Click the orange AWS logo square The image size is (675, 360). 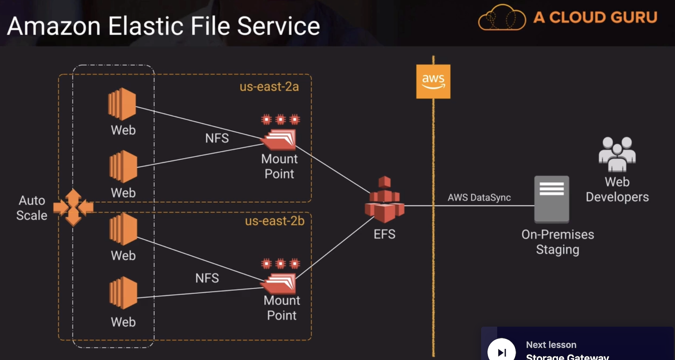(x=433, y=81)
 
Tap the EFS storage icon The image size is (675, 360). (x=384, y=201)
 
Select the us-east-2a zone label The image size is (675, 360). (x=269, y=87)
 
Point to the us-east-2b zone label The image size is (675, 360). (x=275, y=221)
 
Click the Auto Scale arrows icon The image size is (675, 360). (x=73, y=207)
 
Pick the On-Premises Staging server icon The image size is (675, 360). (x=551, y=199)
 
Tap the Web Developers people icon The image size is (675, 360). (x=617, y=154)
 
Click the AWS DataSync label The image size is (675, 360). (x=479, y=198)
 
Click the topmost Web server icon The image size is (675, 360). (x=122, y=104)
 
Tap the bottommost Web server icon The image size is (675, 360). (x=123, y=293)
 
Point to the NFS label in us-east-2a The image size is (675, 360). (x=217, y=138)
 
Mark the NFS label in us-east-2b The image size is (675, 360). (x=207, y=278)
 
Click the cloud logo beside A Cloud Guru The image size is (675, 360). (x=501, y=18)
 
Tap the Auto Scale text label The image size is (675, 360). (x=32, y=208)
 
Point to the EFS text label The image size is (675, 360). (x=384, y=234)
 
